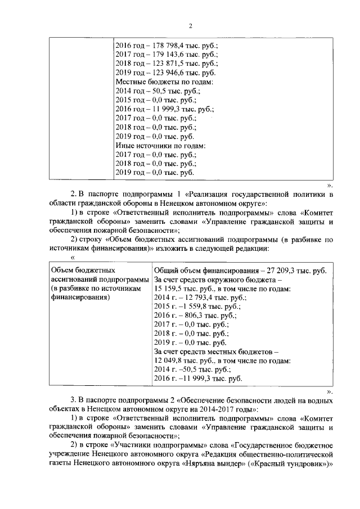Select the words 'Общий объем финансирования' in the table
click(x=199, y=271)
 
